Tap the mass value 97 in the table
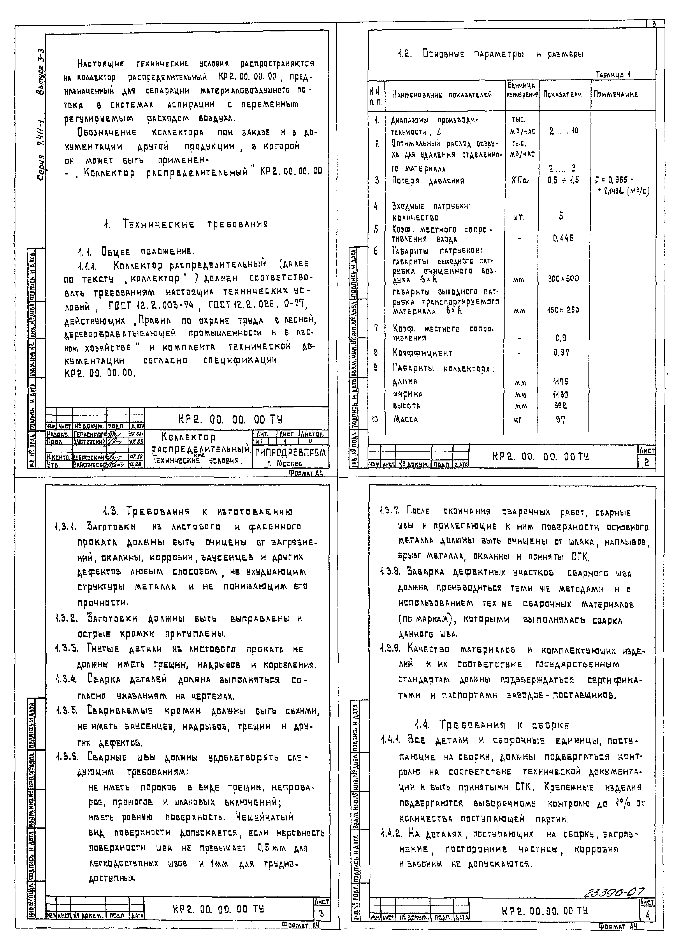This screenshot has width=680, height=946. click(561, 420)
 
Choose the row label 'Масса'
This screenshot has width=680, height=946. click(405, 419)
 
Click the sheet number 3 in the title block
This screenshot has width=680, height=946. click(321, 914)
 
